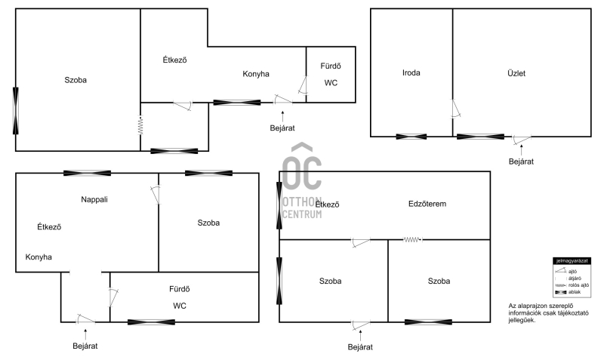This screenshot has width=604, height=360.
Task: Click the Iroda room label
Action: click(x=411, y=73)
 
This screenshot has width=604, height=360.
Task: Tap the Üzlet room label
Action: click(x=516, y=73)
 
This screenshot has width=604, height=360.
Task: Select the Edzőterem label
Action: click(x=427, y=204)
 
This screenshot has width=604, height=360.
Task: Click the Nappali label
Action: click(x=97, y=199)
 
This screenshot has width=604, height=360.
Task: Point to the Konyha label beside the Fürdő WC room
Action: click(x=256, y=74)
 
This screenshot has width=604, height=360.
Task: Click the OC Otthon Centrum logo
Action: click(x=301, y=181)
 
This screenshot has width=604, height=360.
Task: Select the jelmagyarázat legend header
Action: click(x=572, y=260)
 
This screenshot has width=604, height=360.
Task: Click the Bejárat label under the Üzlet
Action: click(x=521, y=162)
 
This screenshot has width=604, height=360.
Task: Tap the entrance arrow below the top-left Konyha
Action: click(x=282, y=115)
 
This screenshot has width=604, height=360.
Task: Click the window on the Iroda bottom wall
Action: click(x=411, y=137)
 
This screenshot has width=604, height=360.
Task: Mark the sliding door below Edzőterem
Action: click(x=411, y=240)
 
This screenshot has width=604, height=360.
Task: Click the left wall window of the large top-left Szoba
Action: click(x=15, y=110)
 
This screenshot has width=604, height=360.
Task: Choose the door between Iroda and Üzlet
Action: click(x=455, y=109)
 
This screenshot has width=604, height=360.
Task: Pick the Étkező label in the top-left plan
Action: click(x=175, y=60)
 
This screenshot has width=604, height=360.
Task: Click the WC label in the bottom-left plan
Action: click(x=179, y=306)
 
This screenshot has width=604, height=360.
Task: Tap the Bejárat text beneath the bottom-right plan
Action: click(x=360, y=347)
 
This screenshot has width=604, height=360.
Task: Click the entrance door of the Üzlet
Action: click(x=521, y=139)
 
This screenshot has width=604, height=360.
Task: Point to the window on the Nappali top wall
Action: click(x=87, y=173)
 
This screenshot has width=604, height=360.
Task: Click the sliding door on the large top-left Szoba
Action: click(x=140, y=125)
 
